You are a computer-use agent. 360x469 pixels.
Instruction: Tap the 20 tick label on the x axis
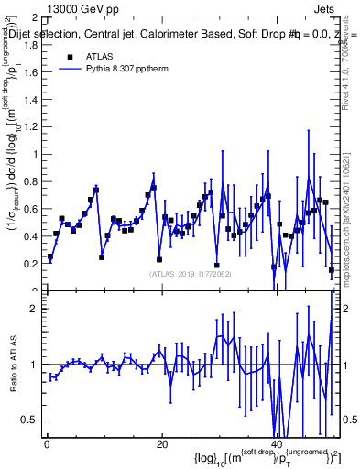point(162,444)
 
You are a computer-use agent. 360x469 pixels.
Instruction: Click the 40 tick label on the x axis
point(276,444)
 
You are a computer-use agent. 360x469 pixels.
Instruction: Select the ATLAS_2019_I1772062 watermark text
point(189,273)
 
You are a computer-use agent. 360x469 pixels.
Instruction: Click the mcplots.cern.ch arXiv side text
point(351,211)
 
